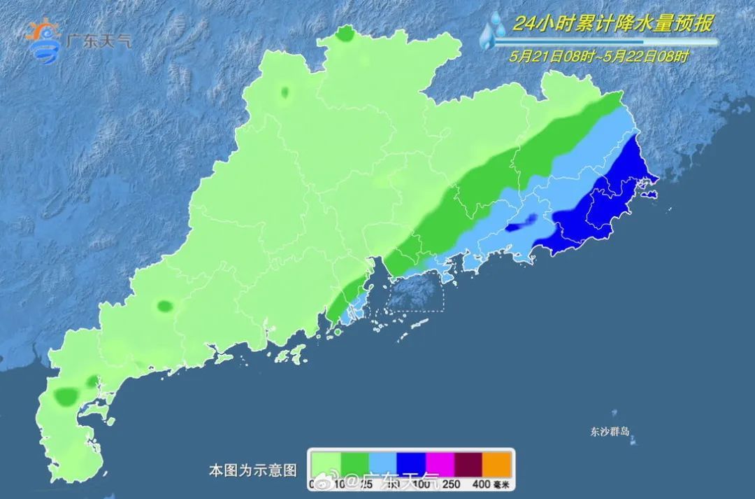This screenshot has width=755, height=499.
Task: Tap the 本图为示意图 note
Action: (x=253, y=470)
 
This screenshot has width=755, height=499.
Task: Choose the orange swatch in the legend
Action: (x=498, y=462)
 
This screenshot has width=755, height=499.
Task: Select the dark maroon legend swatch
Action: (x=469, y=462)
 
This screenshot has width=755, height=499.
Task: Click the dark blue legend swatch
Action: (x=412, y=462)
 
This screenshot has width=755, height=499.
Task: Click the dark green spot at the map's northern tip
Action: (x=344, y=34)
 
